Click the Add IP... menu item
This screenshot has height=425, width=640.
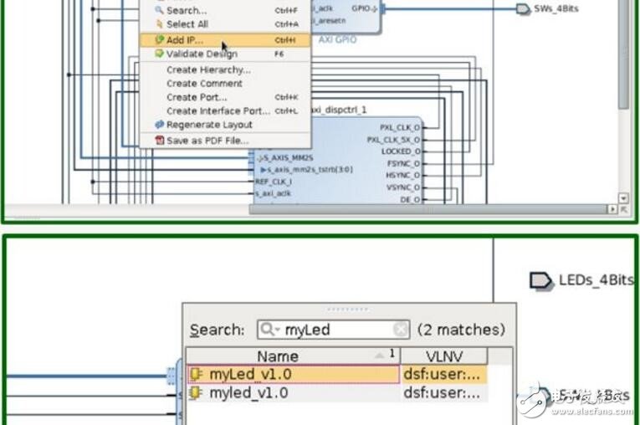(x=184, y=40)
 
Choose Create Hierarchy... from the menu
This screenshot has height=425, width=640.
(x=207, y=70)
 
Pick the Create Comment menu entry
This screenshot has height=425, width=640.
(x=204, y=84)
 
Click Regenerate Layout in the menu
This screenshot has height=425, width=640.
(x=208, y=125)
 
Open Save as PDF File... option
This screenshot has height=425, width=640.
(x=206, y=141)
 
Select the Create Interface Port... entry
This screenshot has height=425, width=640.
(x=218, y=110)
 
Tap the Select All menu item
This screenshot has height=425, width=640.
(x=186, y=24)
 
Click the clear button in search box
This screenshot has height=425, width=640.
(x=401, y=330)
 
